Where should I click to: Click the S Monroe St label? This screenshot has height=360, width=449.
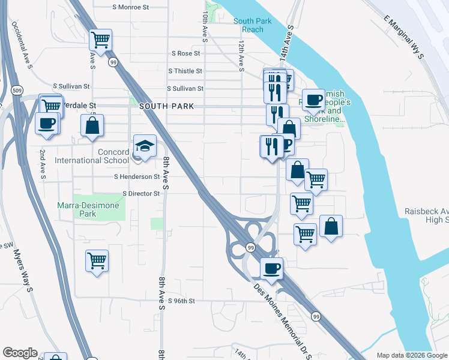coord(131,7)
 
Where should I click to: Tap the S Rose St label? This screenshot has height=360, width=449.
coord(186,53)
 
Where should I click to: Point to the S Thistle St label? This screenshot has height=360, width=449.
coord(185,71)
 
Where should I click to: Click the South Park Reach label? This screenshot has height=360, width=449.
coord(249,25)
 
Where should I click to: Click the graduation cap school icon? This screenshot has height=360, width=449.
coord(144,146)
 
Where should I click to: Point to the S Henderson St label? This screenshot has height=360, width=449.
coord(137,177)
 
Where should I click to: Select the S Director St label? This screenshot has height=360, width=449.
coord(141,194)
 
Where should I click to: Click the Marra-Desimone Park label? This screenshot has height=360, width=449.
coord(88,209)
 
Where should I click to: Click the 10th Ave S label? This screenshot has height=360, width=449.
coord(205,26)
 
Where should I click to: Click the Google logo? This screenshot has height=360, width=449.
coord(20,353)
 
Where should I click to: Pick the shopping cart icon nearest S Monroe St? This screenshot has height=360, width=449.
coord(101,40)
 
